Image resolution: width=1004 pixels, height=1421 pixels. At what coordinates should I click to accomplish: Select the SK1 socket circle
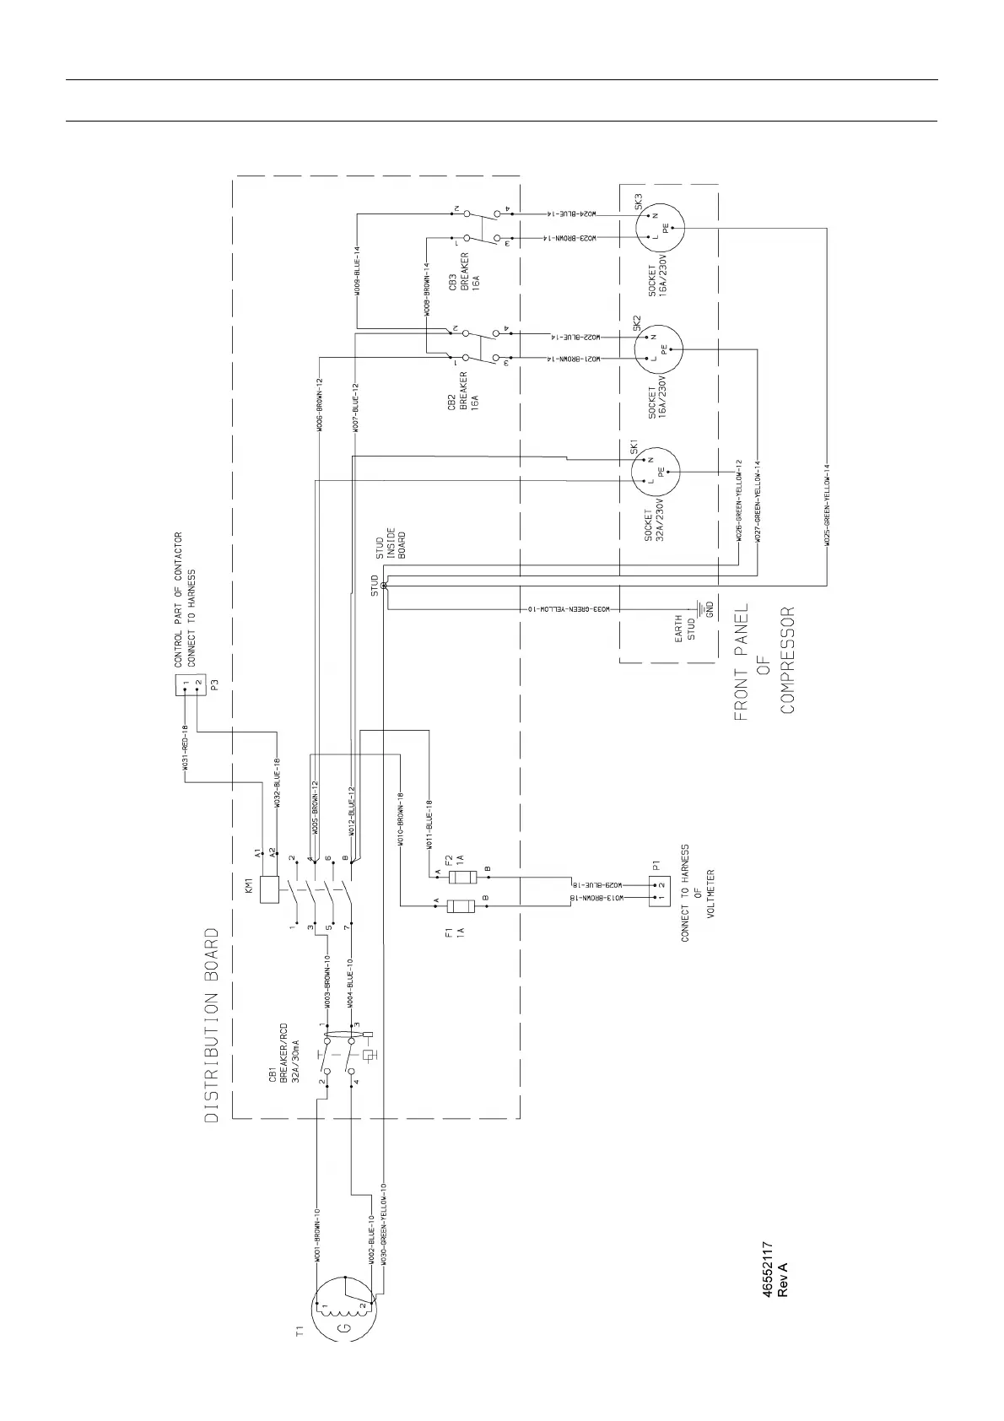[656, 470]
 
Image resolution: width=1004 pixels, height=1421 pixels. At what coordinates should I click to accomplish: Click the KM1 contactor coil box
[269, 889]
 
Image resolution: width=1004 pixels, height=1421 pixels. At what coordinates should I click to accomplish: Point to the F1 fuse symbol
[461, 907]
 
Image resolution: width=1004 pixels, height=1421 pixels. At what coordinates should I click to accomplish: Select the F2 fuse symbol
[461, 878]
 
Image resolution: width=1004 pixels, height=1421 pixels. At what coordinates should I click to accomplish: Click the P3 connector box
[190, 687]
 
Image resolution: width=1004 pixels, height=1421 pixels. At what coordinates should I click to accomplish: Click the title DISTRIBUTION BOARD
[213, 1025]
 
